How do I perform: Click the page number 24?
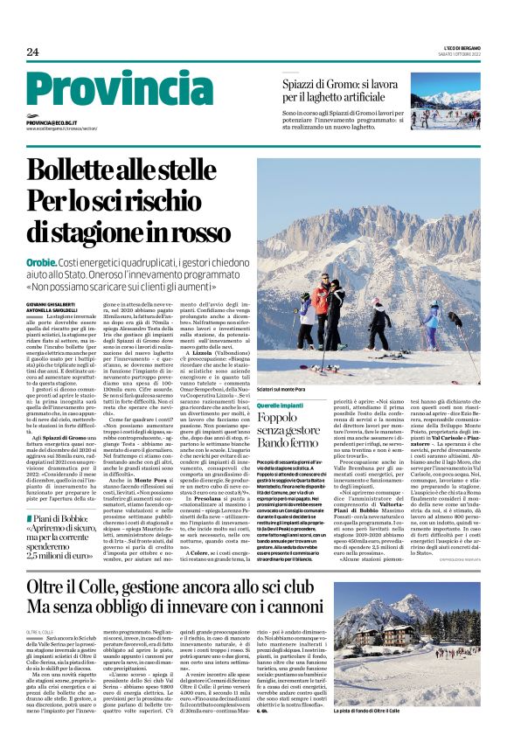(x=33, y=52)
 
